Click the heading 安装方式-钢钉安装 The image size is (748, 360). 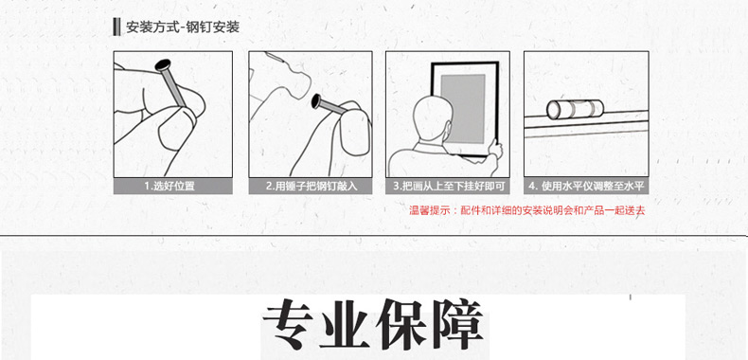183,27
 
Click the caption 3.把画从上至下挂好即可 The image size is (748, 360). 449,187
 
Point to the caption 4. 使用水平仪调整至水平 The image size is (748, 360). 587,187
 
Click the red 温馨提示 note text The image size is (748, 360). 527,210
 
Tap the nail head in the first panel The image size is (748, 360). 164,64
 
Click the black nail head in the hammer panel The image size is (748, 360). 315,100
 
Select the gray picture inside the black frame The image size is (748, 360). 463,108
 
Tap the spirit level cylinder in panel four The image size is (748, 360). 575,109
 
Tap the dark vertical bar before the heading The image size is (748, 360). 116,27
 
